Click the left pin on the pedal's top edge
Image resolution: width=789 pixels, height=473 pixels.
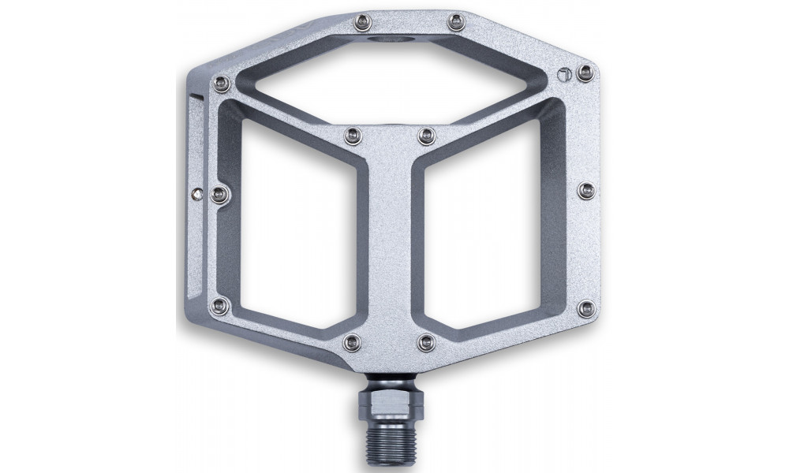click(x=362, y=21)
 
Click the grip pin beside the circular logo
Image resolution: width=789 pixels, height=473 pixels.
click(x=585, y=73)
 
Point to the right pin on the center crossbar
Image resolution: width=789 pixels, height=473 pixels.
click(x=427, y=136)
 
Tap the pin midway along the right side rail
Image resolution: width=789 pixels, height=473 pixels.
click(x=585, y=189)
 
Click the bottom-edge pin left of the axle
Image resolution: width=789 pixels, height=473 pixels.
click(x=352, y=341)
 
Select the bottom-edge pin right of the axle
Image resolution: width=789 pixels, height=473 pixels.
click(x=428, y=341)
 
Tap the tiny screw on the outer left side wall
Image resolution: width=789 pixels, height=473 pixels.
click(x=196, y=190)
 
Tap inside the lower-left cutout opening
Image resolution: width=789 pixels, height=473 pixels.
click(x=296, y=236)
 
